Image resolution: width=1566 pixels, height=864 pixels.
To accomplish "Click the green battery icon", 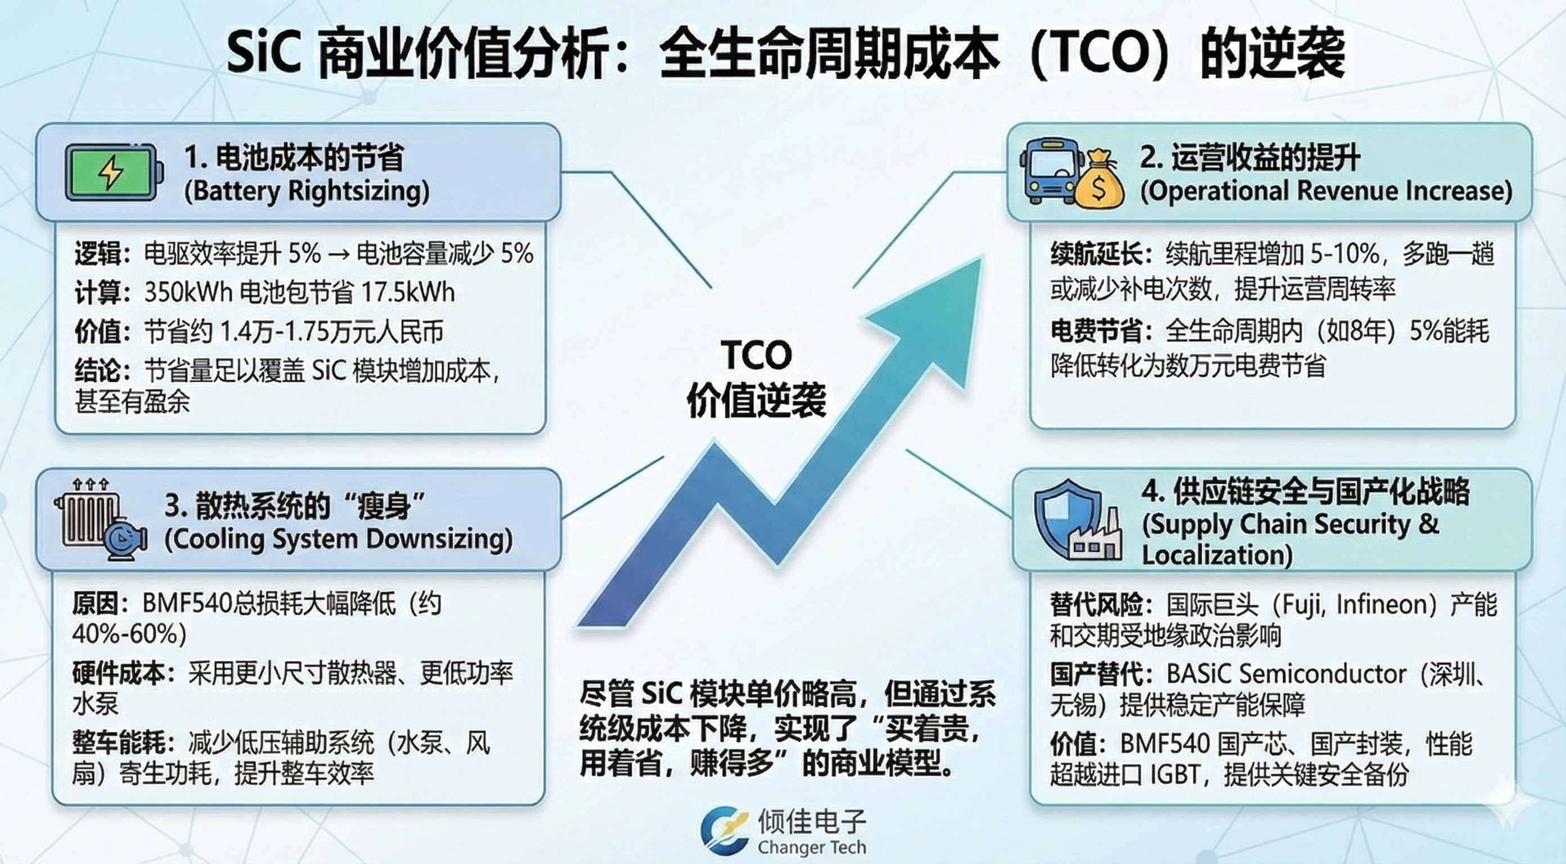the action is (114, 172).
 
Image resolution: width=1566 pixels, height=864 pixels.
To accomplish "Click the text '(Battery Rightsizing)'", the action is (307, 191).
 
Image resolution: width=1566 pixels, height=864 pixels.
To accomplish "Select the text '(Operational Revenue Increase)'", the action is (1326, 191).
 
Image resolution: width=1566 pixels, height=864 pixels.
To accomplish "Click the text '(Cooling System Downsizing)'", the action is (339, 539).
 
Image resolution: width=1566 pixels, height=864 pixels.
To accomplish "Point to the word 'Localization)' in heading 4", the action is (1217, 555).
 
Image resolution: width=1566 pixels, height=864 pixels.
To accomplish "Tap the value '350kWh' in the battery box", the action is (188, 292).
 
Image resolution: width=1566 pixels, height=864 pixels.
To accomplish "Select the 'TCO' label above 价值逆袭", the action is (756, 355).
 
